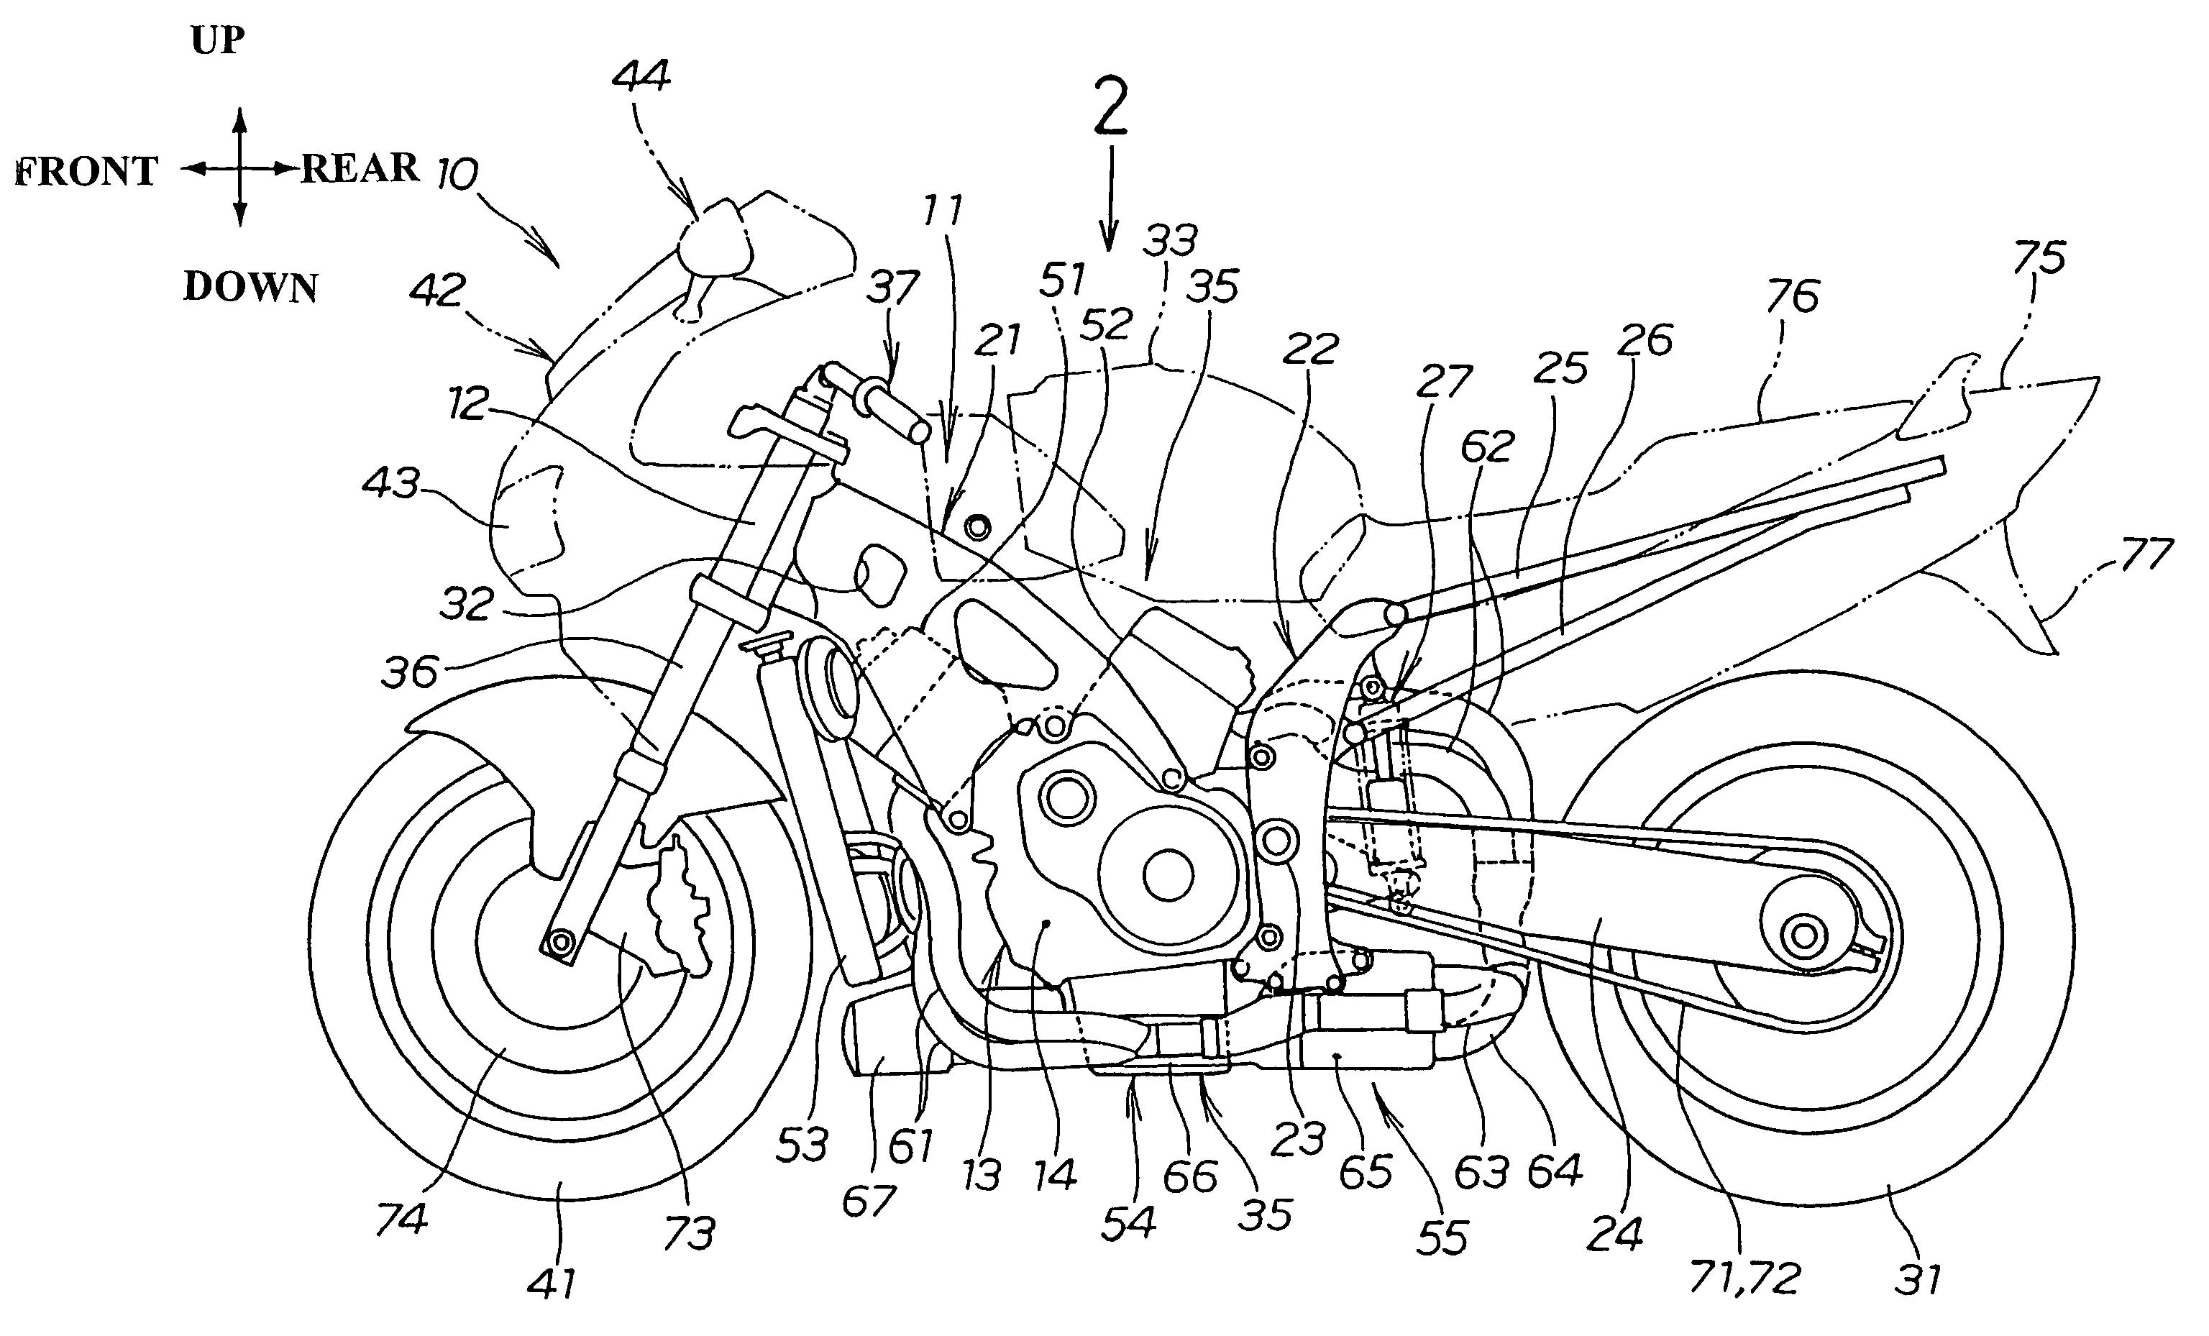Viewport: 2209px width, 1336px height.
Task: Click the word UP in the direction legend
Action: point(218,41)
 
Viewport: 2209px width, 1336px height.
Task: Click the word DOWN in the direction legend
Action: point(250,287)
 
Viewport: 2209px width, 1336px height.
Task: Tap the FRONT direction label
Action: point(88,171)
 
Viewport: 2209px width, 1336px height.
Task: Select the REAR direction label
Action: point(360,168)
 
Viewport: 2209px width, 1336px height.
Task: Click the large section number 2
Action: point(1111,108)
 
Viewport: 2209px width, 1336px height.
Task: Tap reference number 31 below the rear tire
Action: point(1918,1278)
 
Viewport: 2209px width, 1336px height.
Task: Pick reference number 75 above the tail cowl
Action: point(2039,257)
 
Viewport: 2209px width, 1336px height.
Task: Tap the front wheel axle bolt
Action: point(563,943)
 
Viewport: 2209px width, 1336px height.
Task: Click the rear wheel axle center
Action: point(1799,936)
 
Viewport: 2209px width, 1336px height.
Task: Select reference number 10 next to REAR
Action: point(457,174)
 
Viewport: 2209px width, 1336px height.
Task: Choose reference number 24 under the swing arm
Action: point(1614,1234)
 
